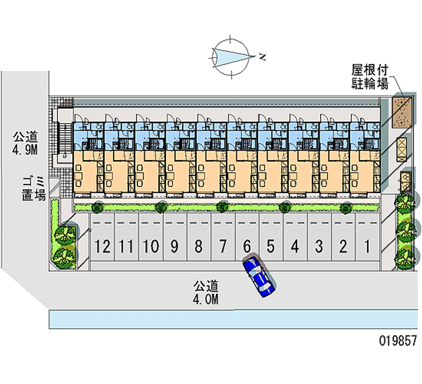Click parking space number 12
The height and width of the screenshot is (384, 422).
(104, 246)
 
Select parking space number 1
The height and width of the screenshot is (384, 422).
(367, 246)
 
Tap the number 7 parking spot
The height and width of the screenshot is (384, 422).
(223, 246)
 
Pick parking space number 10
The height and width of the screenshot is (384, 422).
(151, 246)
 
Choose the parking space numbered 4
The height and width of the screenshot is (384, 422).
(295, 246)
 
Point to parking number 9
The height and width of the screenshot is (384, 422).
(175, 246)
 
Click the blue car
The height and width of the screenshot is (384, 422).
(258, 275)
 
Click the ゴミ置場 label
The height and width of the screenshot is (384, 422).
(33, 189)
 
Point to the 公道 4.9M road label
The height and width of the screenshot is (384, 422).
(26, 143)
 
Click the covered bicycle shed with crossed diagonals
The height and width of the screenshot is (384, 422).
(401, 111)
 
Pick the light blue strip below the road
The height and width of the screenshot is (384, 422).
(232, 319)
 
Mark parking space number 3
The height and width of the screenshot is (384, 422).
(319, 246)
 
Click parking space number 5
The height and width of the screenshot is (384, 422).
(271, 246)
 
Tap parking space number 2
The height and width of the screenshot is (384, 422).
(343, 246)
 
